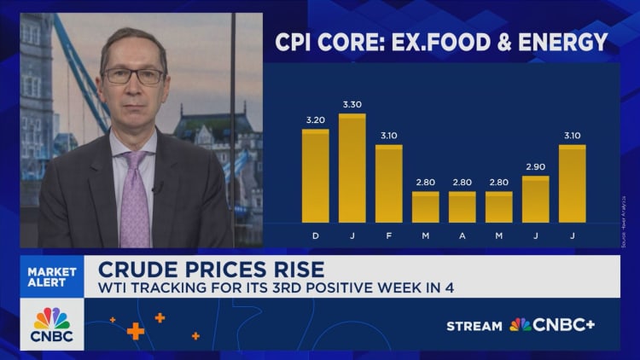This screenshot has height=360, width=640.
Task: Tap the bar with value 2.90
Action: coord(535,200)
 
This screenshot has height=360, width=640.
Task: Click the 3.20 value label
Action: coord(315,120)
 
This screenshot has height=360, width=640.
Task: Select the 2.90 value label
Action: coord(535,167)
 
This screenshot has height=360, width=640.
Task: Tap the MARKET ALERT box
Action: coord(53,277)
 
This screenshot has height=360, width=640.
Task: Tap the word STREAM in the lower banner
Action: coord(475,325)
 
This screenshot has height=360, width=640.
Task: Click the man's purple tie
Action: coord(135,200)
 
